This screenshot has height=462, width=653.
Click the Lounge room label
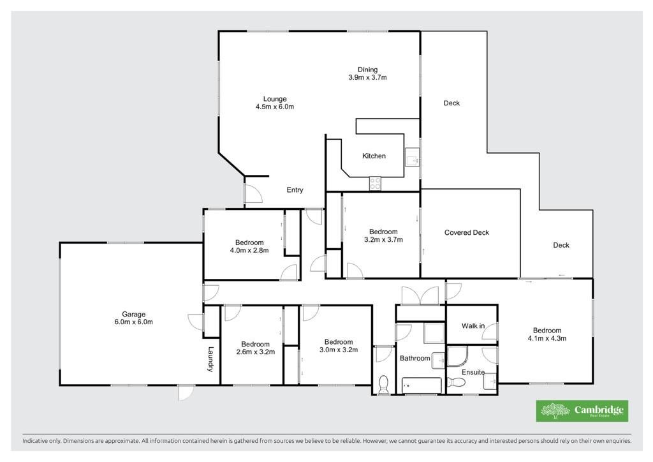point(275,99)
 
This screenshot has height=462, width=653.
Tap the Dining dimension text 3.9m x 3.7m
point(368,77)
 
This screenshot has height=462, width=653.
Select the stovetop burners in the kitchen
point(375,184)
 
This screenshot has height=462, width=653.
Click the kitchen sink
point(412,158)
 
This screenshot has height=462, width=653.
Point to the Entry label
point(295,190)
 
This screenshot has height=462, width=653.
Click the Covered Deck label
point(466,232)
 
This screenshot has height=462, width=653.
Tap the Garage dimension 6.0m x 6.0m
point(134,322)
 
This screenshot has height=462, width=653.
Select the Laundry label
point(210,359)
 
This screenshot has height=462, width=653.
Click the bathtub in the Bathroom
point(422,386)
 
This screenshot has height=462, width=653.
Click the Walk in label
point(473,326)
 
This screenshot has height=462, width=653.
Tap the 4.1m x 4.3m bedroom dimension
point(547,338)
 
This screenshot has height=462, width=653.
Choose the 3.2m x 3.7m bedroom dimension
point(383,239)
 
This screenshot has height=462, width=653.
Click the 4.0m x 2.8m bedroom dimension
point(249,250)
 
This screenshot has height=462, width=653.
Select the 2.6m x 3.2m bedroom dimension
point(255,352)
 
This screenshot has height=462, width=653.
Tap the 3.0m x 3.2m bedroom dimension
point(339,350)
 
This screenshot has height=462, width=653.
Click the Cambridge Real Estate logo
point(582,411)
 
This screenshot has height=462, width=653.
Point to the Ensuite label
point(473,372)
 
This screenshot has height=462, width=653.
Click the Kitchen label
point(374,156)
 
